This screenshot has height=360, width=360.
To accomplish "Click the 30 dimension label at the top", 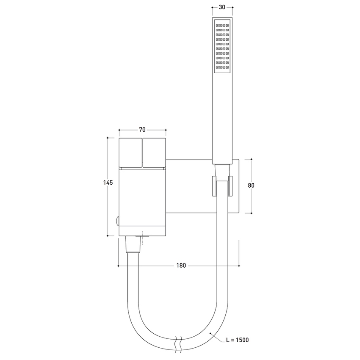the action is click(222, 7).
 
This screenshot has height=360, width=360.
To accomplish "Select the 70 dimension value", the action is click(142, 130).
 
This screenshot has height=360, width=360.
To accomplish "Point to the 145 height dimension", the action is click(108, 183).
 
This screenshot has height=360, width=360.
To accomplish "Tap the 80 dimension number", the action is click(251, 185).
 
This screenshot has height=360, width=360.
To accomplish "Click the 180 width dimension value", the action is click(181, 266).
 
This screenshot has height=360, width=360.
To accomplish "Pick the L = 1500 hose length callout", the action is click(237, 340).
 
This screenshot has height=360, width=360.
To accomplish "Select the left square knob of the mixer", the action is click(130, 152).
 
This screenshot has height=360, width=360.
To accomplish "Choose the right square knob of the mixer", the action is click(154, 152).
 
